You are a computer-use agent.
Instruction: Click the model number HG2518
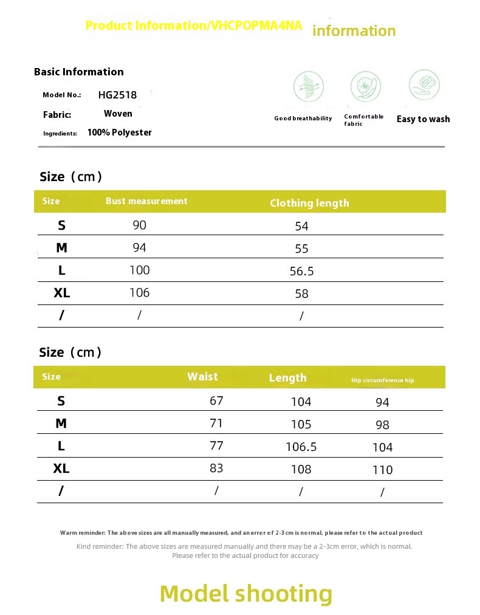pos(117,95)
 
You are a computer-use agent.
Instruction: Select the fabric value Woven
pos(118,114)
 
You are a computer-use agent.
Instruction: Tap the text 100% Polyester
pos(120,132)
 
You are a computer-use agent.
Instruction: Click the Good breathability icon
pos(309,86)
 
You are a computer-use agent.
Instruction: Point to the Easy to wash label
pos(423,119)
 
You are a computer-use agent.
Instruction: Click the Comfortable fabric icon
pos(365,86)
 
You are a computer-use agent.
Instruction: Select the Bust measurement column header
pos(146,201)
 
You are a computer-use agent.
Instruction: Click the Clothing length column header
pos(309,203)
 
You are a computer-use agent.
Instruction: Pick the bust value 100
pos(139,270)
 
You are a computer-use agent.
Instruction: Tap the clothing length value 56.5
pos(302,272)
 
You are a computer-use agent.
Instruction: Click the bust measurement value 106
pos(139,292)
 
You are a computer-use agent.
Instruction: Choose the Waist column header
pos(202,377)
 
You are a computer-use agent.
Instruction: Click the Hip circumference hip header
pos(382,380)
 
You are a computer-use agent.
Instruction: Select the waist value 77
pos(216,445)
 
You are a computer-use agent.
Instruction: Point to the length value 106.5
pos(301,447)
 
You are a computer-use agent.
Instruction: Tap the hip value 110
pos(382,470)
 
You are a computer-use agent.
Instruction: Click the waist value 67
pos(216,400)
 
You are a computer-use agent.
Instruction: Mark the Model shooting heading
pos(246,593)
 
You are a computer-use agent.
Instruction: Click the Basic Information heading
pos(79,72)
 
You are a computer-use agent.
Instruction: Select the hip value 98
pos(382,425)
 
